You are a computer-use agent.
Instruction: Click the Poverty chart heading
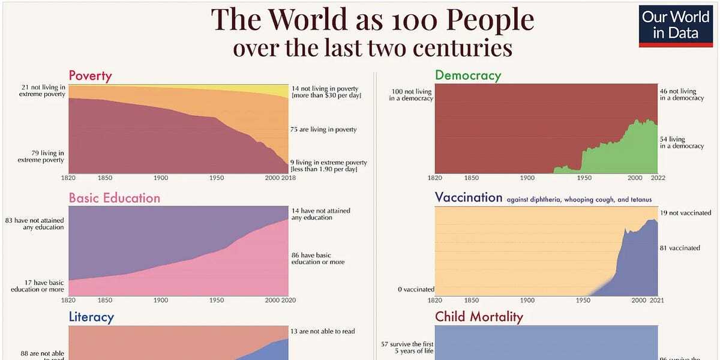[90, 76]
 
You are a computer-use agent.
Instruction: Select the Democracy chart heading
[467, 75]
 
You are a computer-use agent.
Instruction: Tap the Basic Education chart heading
[114, 198]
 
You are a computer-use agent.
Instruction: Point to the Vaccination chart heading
[468, 197]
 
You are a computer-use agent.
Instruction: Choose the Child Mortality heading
[479, 317]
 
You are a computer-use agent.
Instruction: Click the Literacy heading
[91, 317]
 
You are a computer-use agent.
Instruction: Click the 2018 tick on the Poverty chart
[288, 178]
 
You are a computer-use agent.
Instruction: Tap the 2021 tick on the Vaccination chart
[657, 299]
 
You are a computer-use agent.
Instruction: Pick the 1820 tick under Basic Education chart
[68, 300]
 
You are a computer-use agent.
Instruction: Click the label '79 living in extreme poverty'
[41, 157]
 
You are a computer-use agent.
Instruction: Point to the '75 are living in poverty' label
[323, 130]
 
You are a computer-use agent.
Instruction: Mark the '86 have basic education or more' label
[318, 258]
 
